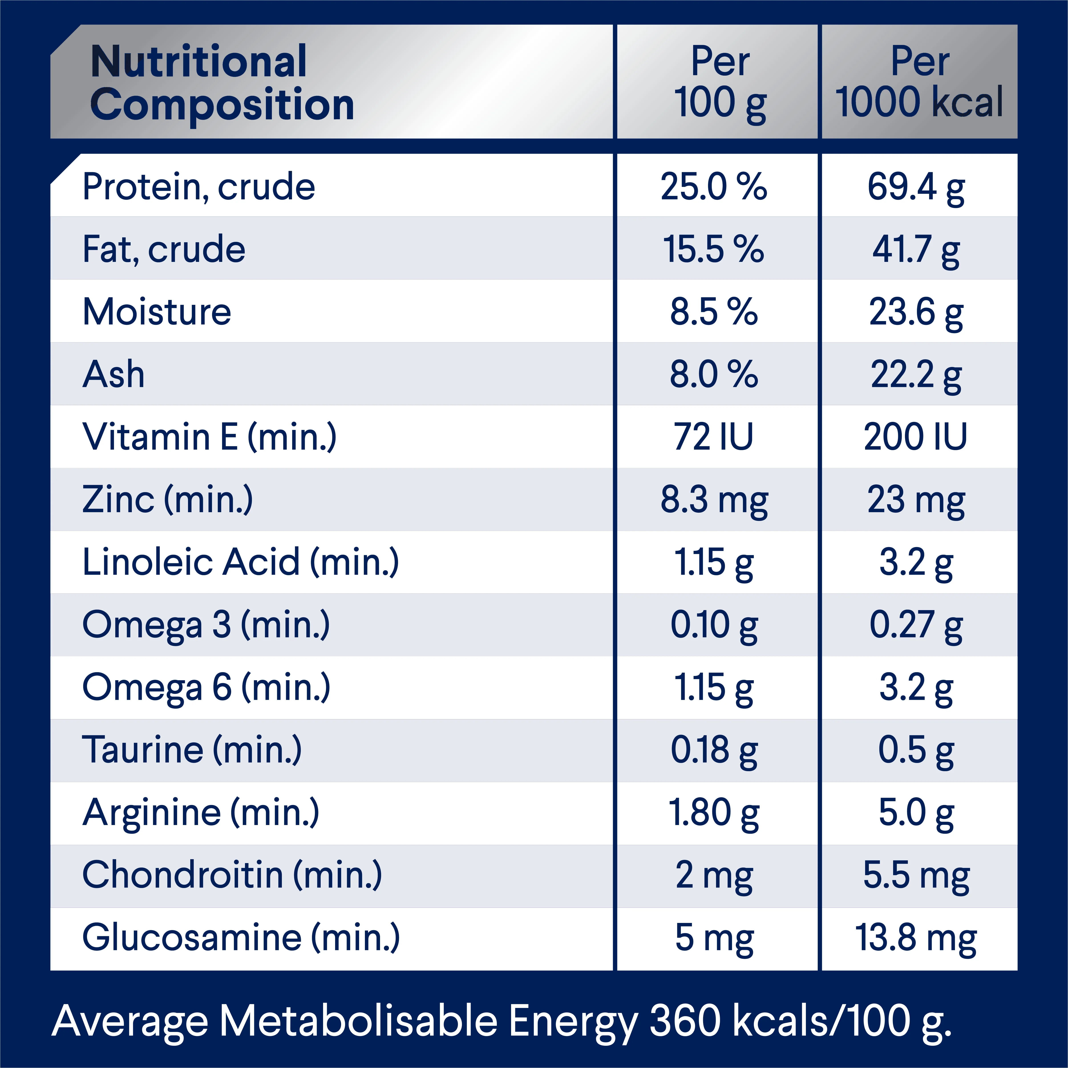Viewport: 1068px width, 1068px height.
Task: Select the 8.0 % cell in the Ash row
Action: click(x=714, y=375)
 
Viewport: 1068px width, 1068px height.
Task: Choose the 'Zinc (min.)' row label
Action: click(x=168, y=500)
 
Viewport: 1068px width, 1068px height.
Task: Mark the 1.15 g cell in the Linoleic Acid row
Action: click(x=714, y=563)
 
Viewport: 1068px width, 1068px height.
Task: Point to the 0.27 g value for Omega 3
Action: click(x=916, y=625)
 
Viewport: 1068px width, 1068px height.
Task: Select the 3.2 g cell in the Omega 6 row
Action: click(x=916, y=688)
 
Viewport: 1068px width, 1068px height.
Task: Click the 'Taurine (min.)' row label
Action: click(x=192, y=751)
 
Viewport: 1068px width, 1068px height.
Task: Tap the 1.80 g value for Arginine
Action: click(x=714, y=813)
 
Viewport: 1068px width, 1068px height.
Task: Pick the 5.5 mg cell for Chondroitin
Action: click(x=916, y=876)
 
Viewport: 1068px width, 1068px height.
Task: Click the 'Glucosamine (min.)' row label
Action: click(x=241, y=938)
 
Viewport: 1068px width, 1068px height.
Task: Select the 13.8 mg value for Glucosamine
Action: click(x=916, y=938)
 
